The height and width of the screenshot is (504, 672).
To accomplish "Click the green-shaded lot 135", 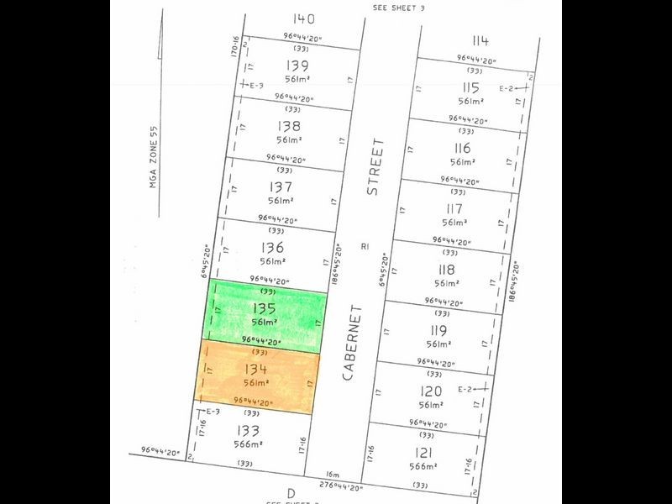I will click(x=265, y=315).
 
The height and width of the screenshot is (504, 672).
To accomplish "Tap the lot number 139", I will click(x=296, y=66).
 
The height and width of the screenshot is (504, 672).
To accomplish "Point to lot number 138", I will click(x=287, y=126).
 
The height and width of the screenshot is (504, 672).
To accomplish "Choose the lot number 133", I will click(x=249, y=430).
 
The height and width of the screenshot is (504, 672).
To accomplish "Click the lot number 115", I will click(x=470, y=87).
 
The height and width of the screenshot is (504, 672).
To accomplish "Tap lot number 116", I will click(x=462, y=149).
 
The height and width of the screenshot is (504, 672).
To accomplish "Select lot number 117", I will click(x=454, y=208).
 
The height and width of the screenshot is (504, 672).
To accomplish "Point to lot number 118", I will click(x=446, y=270).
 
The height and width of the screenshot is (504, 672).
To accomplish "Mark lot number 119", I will click(x=438, y=330).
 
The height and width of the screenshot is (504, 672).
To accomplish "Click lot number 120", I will click(x=430, y=391).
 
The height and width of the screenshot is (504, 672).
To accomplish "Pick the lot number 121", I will click(x=423, y=452).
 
